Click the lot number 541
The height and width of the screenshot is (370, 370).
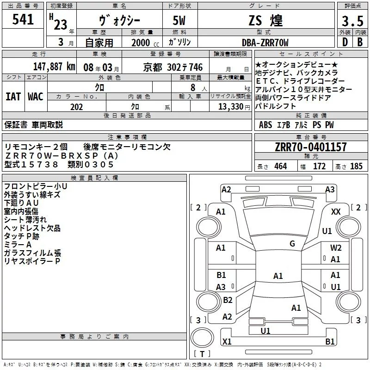[23, 19]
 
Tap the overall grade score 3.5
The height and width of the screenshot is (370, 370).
[352, 21]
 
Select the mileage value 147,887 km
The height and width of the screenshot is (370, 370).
[54, 67]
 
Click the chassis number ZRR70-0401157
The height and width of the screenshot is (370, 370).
[311, 147]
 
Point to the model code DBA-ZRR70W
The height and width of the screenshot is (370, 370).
[265, 43]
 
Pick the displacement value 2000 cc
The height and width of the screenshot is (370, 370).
[145, 43]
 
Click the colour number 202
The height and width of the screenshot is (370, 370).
[76, 107]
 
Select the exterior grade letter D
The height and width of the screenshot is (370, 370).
[345, 42]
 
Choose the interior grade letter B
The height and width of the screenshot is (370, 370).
[360, 42]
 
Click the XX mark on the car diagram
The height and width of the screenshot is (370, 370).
[336, 212]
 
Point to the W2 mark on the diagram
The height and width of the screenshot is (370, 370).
[336, 247]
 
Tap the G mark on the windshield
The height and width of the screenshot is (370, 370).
[292, 244]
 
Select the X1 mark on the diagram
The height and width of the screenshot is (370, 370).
[227, 341]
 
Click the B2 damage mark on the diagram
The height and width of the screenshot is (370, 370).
[228, 300]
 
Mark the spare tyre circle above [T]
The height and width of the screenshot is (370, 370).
[202, 337]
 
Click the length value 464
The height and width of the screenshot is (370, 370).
[281, 166]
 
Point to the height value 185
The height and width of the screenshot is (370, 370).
[356, 166]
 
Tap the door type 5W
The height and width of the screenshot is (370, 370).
[179, 20]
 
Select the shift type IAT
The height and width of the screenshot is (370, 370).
[13, 97]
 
